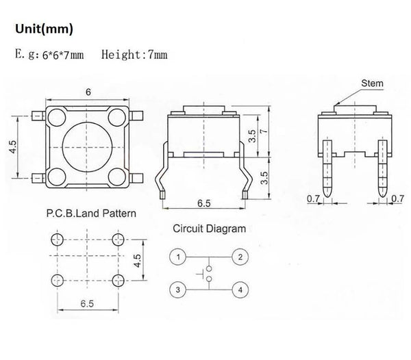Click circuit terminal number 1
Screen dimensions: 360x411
(x=177, y=257)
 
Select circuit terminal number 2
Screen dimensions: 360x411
(x=240, y=257)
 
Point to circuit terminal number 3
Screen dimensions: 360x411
(x=177, y=290)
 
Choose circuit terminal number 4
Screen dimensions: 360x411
(x=240, y=290)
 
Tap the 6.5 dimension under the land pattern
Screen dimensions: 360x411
(x=88, y=303)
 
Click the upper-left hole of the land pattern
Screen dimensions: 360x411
(x=58, y=239)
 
